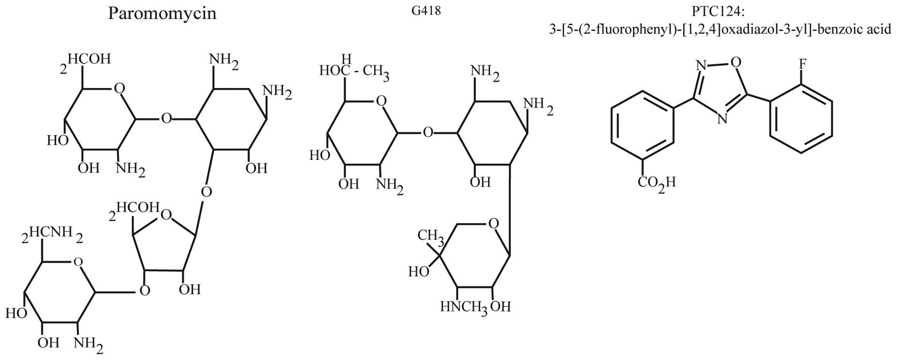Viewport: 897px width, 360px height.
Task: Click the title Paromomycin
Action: pyautogui.click(x=162, y=13)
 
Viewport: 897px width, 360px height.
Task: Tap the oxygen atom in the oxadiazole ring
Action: pyautogui.click(x=736, y=61)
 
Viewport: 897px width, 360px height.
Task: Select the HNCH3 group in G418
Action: pyautogui.click(x=463, y=307)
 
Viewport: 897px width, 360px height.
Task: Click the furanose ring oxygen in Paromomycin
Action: pyautogui.click(x=166, y=215)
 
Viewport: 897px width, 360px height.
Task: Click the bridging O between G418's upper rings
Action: pyautogui.click(x=428, y=133)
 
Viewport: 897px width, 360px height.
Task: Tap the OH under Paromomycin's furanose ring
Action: pyautogui.click(x=189, y=289)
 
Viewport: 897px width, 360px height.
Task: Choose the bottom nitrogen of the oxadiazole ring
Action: pyautogui.click(x=723, y=119)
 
